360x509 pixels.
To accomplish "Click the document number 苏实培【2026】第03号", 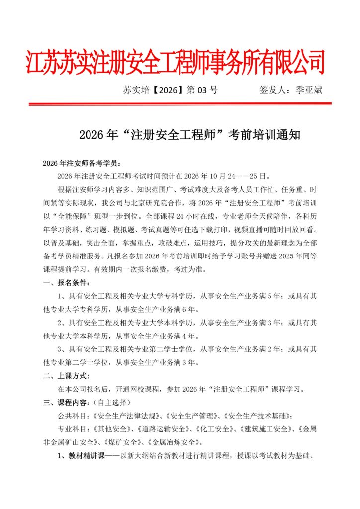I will tap(170, 90).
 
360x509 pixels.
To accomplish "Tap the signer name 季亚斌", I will tap(309, 90).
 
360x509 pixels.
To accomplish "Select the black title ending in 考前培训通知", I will tap(189, 134).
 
